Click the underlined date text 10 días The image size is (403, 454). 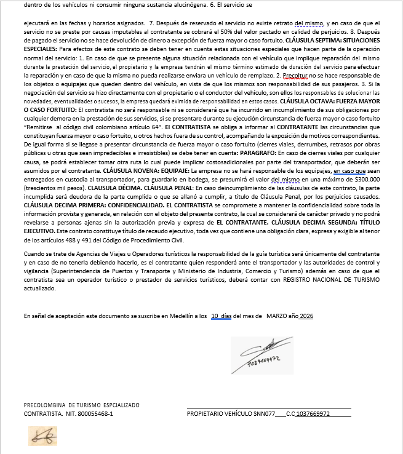coord(221,316)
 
